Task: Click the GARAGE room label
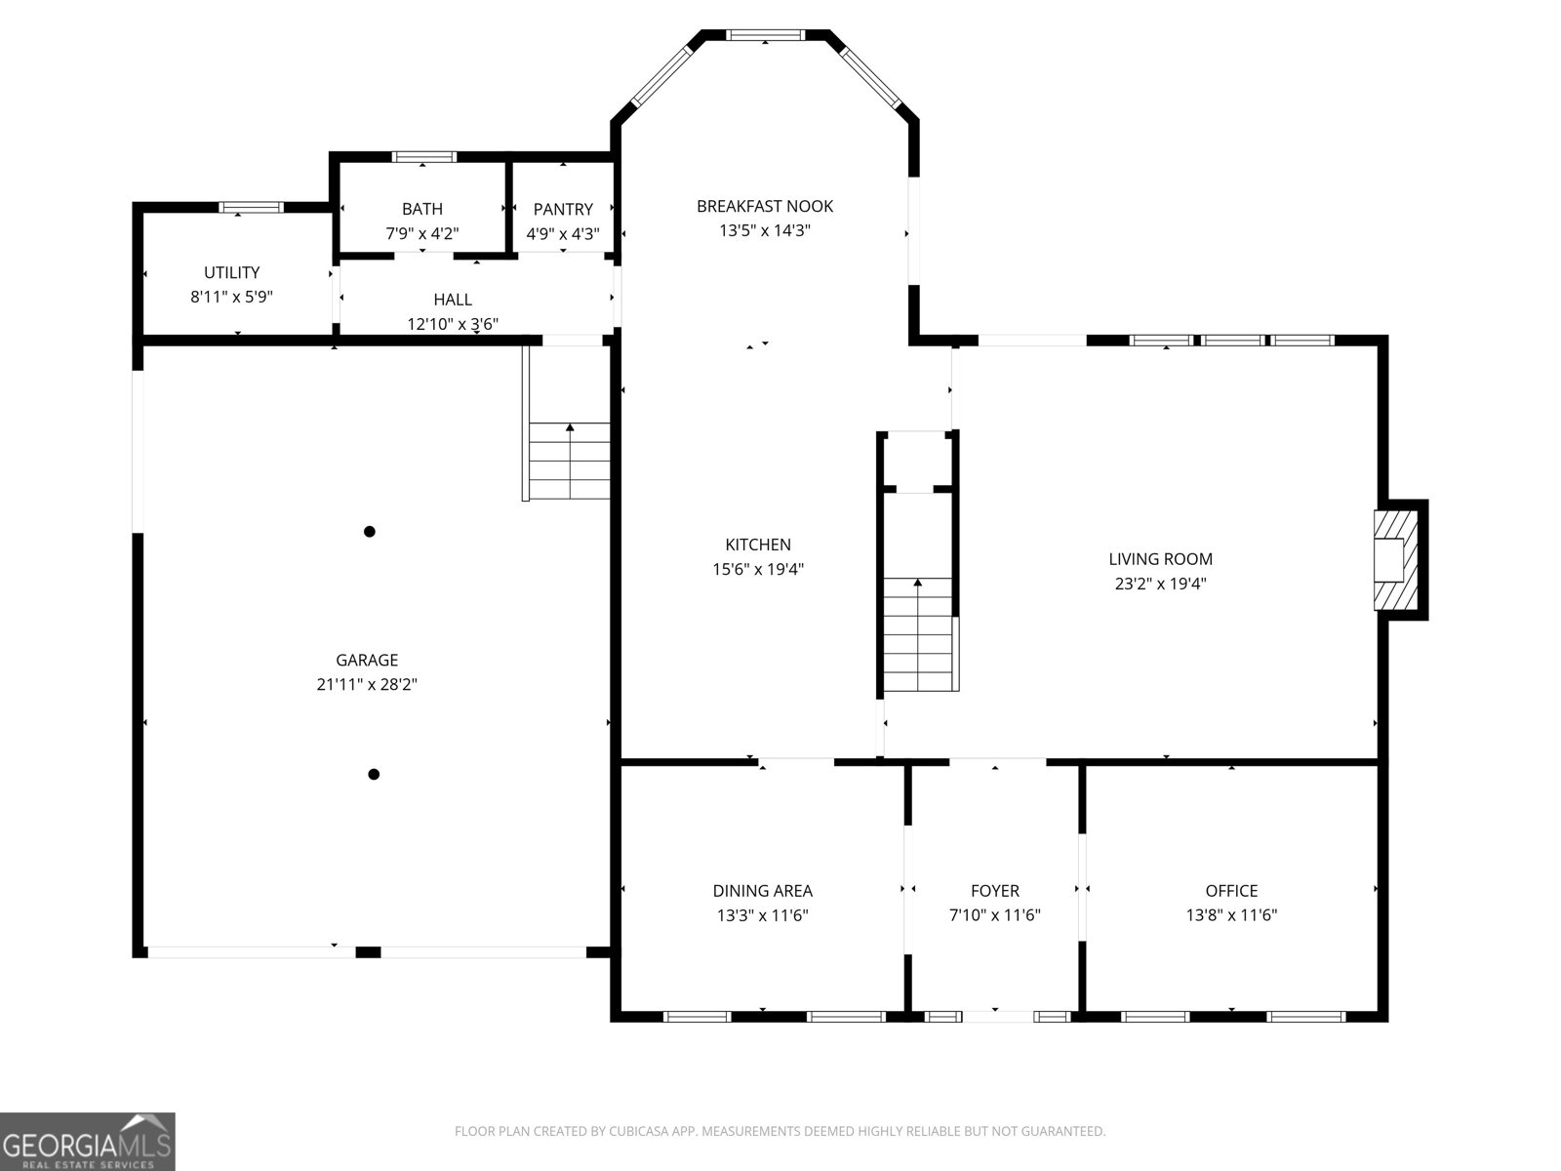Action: click(367, 660)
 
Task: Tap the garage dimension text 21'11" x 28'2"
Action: click(367, 684)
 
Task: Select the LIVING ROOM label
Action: click(1161, 559)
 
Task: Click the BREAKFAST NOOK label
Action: click(765, 206)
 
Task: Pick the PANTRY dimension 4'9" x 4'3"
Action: click(563, 233)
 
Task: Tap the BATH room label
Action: click(422, 209)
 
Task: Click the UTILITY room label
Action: click(232, 272)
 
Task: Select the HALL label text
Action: click(453, 300)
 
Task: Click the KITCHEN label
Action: click(758, 545)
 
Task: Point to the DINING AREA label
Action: click(762, 890)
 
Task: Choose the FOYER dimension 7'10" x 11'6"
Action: click(995, 914)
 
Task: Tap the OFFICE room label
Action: click(1232, 890)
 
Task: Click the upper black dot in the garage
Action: click(370, 531)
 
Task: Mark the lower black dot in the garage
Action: click(374, 774)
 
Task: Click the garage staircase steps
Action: click(569, 461)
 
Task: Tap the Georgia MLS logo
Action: click(88, 1142)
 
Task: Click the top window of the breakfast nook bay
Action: click(765, 35)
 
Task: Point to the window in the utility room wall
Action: click(251, 208)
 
